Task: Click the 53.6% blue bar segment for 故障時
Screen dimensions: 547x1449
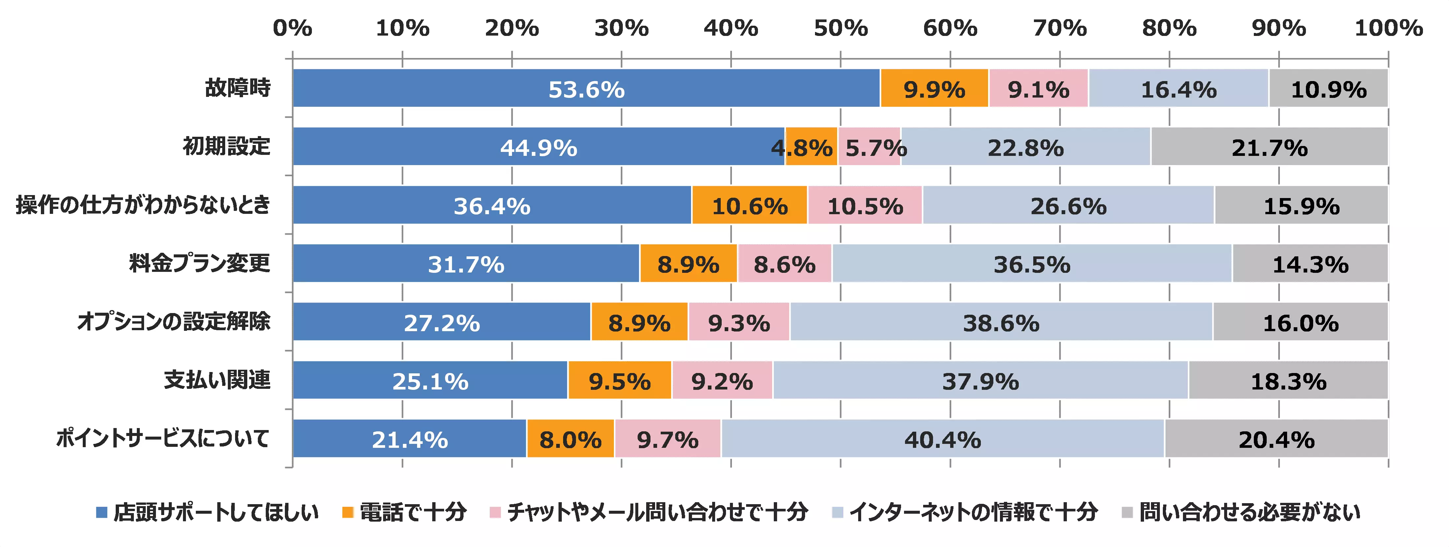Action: (x=586, y=88)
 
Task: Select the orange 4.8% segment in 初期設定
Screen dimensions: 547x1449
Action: (x=811, y=147)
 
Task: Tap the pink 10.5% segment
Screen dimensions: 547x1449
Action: (x=864, y=205)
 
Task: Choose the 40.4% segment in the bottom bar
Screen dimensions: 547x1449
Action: (x=942, y=439)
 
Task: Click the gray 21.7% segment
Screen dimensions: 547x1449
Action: (x=1269, y=147)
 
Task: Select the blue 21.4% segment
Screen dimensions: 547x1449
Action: (x=409, y=439)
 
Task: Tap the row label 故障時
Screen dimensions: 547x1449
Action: (x=237, y=88)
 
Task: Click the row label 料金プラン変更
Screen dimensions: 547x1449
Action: (x=200, y=263)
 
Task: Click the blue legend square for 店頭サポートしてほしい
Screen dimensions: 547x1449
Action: (x=102, y=512)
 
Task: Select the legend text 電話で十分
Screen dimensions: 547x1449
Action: (x=413, y=512)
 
